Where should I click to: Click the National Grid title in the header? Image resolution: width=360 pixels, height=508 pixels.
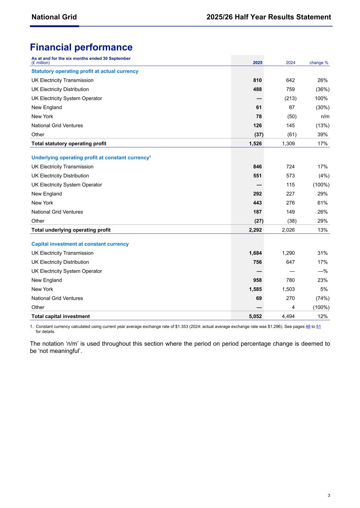[x=54, y=17]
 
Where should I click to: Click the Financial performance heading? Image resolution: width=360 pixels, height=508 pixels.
[x=81, y=47]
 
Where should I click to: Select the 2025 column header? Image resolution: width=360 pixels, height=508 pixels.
[x=257, y=63]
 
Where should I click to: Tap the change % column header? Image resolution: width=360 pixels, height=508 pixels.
[x=319, y=63]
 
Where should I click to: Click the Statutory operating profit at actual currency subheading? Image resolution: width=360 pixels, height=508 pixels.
[x=85, y=71]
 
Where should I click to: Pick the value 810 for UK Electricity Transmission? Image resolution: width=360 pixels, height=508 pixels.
[x=257, y=80]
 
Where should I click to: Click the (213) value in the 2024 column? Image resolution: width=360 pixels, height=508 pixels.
[x=290, y=98]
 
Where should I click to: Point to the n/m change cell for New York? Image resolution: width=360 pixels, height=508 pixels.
[x=325, y=116]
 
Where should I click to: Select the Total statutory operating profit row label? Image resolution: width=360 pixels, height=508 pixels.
[x=69, y=144]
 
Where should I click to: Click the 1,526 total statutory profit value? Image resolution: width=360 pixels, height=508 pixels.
[x=255, y=144]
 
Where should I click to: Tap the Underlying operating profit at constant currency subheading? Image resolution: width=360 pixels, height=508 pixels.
[x=91, y=158]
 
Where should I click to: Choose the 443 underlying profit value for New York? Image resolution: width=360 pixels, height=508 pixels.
[x=257, y=203]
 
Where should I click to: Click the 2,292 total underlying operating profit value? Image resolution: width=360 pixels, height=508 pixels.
[x=255, y=230]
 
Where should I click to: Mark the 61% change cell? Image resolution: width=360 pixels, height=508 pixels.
[x=322, y=203]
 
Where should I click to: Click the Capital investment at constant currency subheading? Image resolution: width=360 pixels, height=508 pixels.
[x=80, y=244]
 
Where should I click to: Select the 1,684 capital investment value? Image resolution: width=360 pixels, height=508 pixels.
[x=255, y=253]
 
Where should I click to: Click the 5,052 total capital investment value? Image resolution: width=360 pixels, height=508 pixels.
[x=255, y=316]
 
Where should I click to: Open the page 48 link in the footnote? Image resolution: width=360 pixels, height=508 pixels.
[x=308, y=326]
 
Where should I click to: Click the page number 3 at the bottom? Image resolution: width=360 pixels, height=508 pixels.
[x=329, y=495]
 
